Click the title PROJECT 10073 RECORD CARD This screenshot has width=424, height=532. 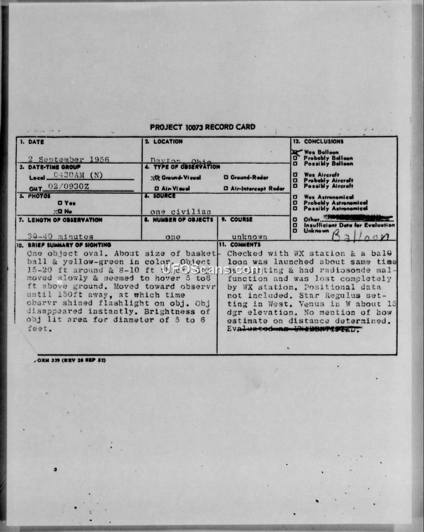[202, 127]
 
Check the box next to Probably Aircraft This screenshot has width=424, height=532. [295, 180]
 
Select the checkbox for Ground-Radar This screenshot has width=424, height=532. [226, 177]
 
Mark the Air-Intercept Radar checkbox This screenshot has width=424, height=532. [226, 188]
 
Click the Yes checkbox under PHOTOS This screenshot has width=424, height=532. [60, 203]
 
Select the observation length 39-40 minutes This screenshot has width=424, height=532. [60, 237]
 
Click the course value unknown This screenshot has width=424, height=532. [250, 237]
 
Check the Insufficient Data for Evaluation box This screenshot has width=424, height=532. [295, 225]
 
